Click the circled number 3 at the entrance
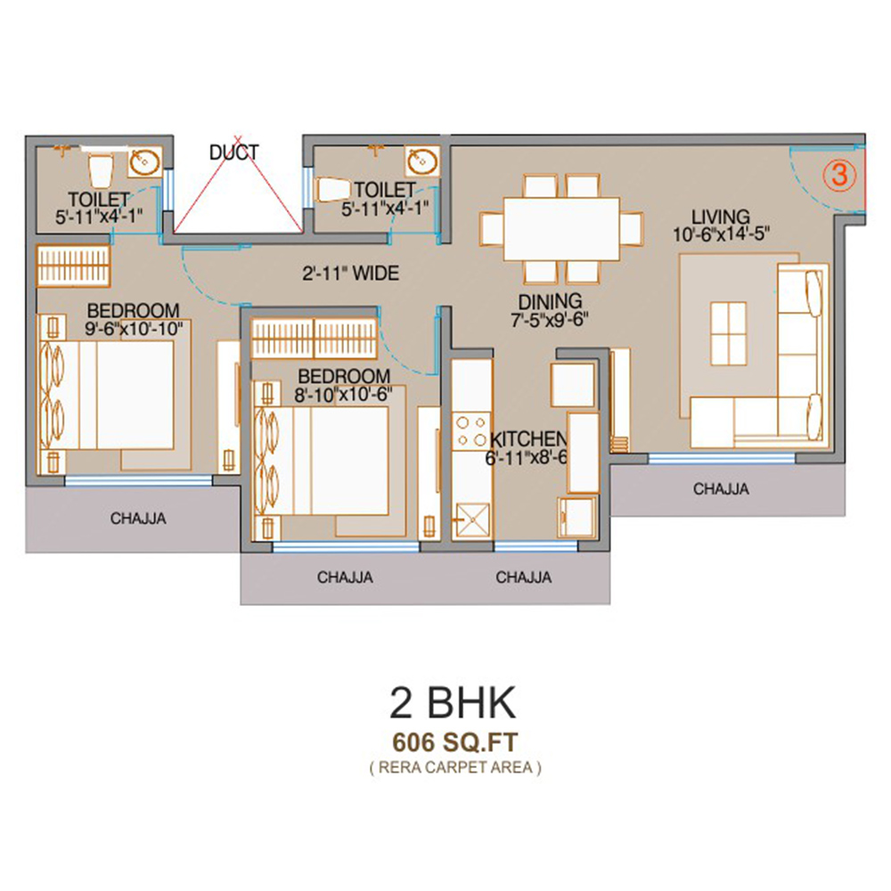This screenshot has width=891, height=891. [x=839, y=175]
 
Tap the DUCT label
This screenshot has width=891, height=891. [x=234, y=152]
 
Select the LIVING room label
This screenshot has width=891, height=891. [x=721, y=217]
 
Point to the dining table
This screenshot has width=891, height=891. [x=560, y=228]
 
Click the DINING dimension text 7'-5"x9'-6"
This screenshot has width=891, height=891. [x=550, y=320]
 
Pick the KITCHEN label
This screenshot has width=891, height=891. [x=528, y=439]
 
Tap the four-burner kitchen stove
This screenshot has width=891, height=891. [x=471, y=430]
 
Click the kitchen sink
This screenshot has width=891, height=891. [x=471, y=519]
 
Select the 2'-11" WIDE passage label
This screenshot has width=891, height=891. [x=350, y=274]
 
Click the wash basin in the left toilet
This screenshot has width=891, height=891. [x=144, y=162]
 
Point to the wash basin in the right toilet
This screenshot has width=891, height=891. [x=422, y=160]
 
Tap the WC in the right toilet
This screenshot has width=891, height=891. [x=332, y=190]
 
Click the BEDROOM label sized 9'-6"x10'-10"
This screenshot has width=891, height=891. [x=133, y=311]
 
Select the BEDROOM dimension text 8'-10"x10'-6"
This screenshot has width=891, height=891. [x=343, y=395]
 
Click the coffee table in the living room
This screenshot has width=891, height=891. [x=729, y=333]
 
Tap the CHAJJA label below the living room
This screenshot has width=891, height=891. [x=721, y=488]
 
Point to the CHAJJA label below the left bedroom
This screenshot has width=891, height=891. [x=138, y=519]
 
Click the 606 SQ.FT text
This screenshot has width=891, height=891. [x=455, y=742]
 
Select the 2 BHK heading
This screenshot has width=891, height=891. [x=453, y=703]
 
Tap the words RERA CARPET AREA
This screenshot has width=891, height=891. [x=455, y=768]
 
